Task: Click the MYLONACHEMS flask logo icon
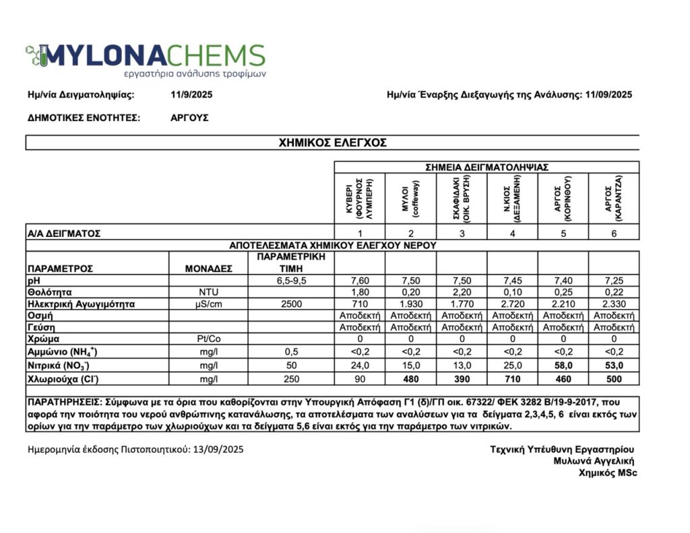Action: coord(37,55)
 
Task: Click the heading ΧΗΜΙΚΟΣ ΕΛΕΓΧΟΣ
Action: coord(332,142)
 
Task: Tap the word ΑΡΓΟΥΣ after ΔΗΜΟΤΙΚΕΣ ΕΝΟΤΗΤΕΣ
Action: coord(190,117)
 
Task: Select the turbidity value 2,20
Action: coord(462,292)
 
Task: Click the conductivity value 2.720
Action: coord(513,304)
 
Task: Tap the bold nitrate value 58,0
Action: coord(563,365)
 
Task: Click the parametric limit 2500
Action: coord(292,304)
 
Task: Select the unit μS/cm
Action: coord(208,304)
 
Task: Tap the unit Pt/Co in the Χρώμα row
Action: coord(208,339)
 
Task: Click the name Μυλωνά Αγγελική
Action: coord(594,461)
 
